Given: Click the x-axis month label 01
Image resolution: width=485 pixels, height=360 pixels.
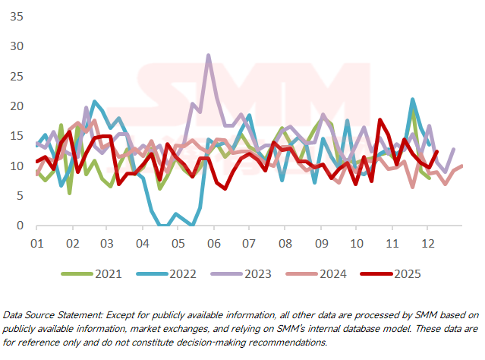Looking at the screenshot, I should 36,244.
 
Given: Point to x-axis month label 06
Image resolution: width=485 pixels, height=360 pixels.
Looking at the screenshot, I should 213,244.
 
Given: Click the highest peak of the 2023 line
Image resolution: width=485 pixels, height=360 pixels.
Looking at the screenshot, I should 209,55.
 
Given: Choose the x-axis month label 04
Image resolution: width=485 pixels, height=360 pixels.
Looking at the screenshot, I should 143,244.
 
